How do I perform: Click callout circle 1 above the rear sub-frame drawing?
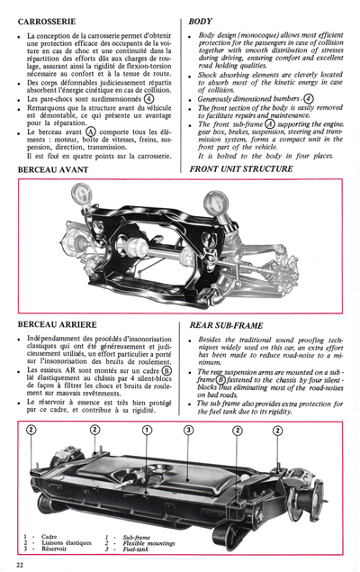click(148, 431)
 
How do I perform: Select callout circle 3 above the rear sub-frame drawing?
click(188, 431)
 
